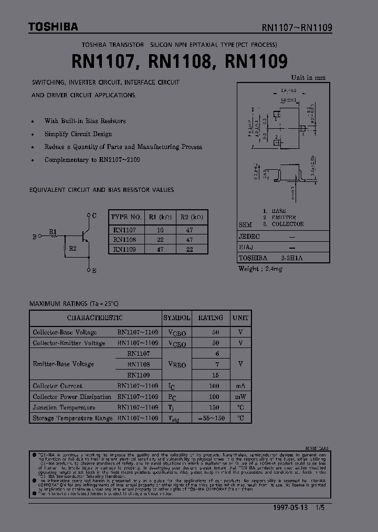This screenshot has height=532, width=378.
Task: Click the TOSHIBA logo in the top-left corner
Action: (53, 26)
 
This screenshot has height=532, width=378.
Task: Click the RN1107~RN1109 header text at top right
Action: (297, 28)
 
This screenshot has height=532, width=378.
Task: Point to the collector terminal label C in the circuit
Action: (94, 216)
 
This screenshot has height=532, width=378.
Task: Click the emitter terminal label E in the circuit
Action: (94, 271)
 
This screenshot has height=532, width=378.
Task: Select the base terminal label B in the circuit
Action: (35, 237)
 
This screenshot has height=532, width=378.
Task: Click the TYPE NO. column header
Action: (126, 217)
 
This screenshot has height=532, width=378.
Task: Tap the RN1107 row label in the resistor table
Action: (124, 230)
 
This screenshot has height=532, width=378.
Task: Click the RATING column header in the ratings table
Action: (211, 318)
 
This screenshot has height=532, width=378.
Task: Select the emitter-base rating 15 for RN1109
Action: (215, 375)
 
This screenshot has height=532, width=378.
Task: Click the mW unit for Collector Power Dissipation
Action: (241, 397)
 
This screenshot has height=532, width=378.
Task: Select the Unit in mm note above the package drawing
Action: (308, 78)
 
